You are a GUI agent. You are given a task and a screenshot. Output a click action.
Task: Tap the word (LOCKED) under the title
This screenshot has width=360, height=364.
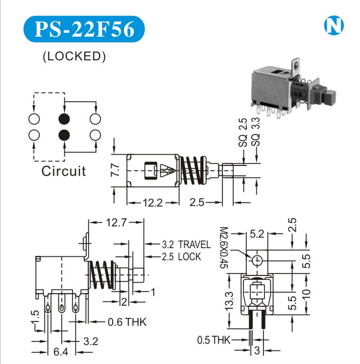(74, 56)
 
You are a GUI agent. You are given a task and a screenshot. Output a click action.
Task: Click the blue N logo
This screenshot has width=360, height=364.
(335, 26)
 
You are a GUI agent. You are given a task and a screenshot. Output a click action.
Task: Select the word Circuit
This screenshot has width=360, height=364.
(63, 171)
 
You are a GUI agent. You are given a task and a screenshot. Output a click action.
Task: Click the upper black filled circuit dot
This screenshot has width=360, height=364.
(64, 119)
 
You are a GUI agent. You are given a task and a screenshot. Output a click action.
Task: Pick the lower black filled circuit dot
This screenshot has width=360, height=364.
(64, 135)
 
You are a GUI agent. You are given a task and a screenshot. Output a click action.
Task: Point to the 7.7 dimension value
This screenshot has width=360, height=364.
(115, 170)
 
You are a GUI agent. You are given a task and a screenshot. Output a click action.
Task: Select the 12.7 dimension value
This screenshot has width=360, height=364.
(116, 223)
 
